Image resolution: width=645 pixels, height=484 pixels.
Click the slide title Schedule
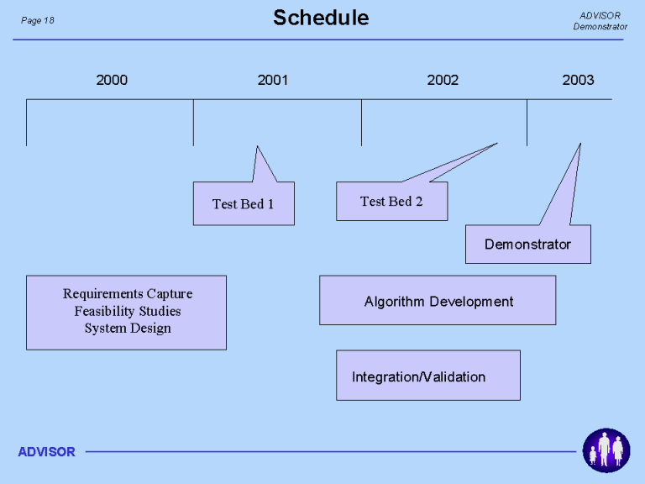(x=321, y=18)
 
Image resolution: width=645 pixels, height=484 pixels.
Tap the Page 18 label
(x=38, y=20)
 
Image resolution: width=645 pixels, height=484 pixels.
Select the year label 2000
(x=112, y=80)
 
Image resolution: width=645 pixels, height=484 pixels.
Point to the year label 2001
(x=273, y=80)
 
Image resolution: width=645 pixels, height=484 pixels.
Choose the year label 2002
(x=443, y=80)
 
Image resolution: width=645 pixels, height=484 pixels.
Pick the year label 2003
(x=578, y=80)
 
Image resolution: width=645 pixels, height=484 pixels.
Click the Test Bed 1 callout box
(x=244, y=203)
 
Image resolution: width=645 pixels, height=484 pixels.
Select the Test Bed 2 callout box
(x=392, y=202)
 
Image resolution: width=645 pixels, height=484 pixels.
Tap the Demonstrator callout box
(x=528, y=244)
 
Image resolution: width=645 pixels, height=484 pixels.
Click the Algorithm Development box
(x=438, y=301)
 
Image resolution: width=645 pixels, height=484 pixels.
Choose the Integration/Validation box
(x=428, y=376)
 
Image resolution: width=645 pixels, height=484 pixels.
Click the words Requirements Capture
(x=128, y=294)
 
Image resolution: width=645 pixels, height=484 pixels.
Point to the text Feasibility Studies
(x=128, y=311)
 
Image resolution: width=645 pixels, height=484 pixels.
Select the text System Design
(x=128, y=329)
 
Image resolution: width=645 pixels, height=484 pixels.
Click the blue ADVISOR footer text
(x=46, y=452)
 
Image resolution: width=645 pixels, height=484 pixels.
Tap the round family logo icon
(x=606, y=450)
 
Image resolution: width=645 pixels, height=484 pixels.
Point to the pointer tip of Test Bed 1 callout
(x=257, y=145)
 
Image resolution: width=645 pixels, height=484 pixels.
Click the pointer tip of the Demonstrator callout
(x=580, y=143)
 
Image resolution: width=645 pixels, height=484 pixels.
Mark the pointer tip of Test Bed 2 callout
(x=498, y=143)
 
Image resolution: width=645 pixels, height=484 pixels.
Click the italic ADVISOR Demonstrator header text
(x=600, y=21)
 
